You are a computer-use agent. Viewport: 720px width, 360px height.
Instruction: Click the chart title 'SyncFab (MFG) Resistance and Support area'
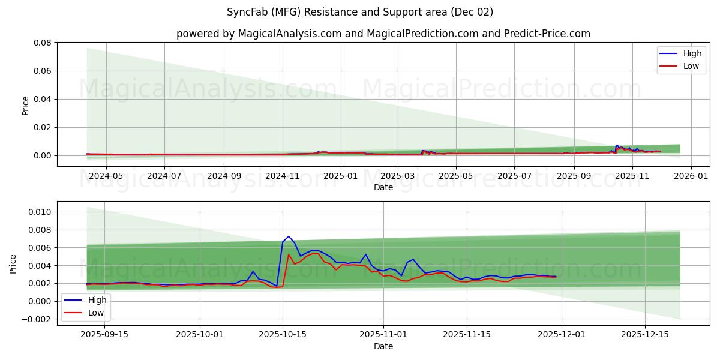pos(360,12)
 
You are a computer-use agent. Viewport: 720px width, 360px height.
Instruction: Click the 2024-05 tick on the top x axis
pos(106,176)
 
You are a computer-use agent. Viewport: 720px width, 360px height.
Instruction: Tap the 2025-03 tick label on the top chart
pos(398,176)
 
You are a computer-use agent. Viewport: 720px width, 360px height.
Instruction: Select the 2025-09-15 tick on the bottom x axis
pos(104,335)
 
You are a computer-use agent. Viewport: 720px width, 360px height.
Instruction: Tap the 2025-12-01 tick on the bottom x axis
pos(562,335)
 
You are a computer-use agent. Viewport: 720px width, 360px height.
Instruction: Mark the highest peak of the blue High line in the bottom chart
pos(289,236)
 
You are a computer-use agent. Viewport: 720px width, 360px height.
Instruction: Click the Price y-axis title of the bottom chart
pos(13,263)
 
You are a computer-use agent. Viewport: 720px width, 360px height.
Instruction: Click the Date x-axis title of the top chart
pos(383,187)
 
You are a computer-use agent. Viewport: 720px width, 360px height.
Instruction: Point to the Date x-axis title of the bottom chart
pos(383,346)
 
